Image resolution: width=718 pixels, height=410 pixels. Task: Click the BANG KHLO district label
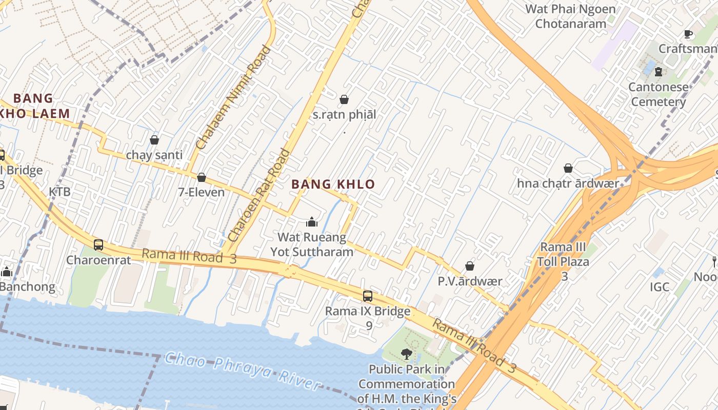333,184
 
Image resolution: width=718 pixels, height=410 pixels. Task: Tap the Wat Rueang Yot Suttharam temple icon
311,222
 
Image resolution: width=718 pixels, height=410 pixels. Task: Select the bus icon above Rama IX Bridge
367,296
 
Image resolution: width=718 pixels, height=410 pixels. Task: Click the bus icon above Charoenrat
98,245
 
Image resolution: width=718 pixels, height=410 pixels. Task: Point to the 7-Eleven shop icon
202,177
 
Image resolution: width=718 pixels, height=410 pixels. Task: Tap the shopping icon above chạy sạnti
154,139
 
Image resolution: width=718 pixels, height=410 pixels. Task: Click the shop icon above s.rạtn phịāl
344,99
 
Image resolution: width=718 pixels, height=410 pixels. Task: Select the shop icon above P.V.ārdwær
469,266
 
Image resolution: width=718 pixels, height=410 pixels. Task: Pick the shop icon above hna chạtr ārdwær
568,168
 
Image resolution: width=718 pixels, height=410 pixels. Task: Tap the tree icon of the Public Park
406,354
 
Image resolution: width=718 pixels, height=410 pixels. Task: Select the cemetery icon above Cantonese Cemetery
659,72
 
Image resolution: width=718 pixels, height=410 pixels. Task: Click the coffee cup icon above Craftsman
688,34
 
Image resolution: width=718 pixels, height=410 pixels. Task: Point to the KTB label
59,192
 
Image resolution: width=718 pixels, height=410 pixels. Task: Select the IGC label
660,287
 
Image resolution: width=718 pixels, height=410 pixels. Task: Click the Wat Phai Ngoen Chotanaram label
570,16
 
